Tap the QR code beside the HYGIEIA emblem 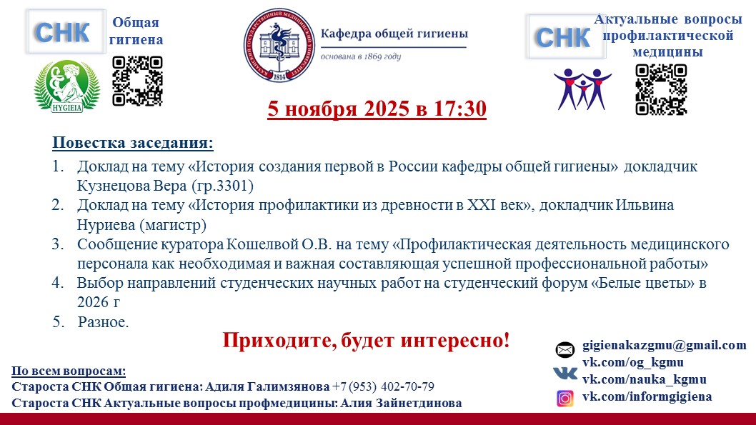tap(137, 81)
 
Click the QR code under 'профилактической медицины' tap(661, 89)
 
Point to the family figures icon tap(582, 89)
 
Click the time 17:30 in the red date tap(459, 109)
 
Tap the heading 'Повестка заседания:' tap(133, 143)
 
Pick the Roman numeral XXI tap(481, 205)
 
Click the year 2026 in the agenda tap(93, 302)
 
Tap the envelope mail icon tap(564, 349)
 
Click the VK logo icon tap(565, 372)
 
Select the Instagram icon tap(565, 399)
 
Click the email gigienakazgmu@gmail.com tap(665, 345)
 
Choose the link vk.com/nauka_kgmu tap(644, 380)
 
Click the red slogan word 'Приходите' tap(279, 340)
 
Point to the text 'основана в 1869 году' tap(361, 56)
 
